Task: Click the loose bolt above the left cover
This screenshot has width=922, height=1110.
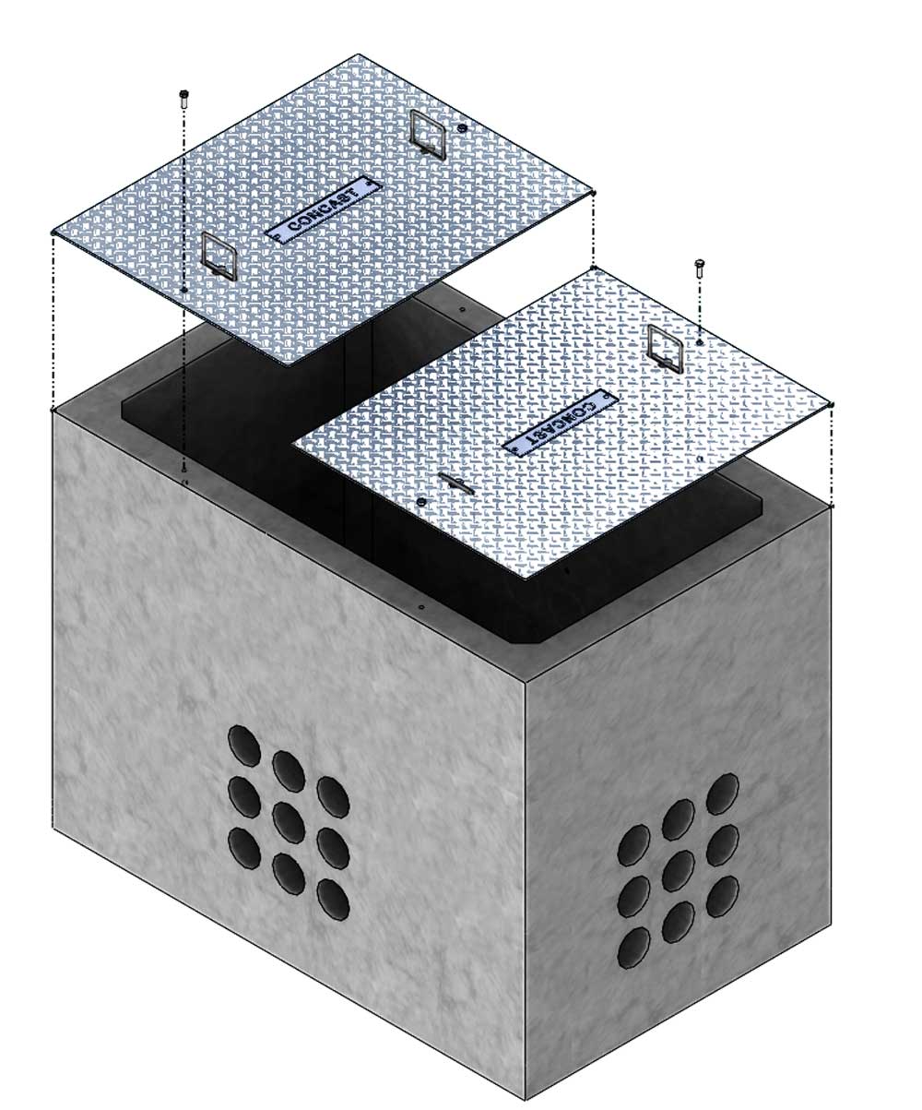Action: coord(184,100)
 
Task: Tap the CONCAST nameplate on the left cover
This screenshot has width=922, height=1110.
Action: coord(324,209)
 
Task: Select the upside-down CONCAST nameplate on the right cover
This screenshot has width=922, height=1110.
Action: coord(561,422)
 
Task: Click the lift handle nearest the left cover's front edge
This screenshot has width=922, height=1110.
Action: coord(219,257)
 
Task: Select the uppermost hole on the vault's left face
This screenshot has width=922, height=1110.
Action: coord(244,746)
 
